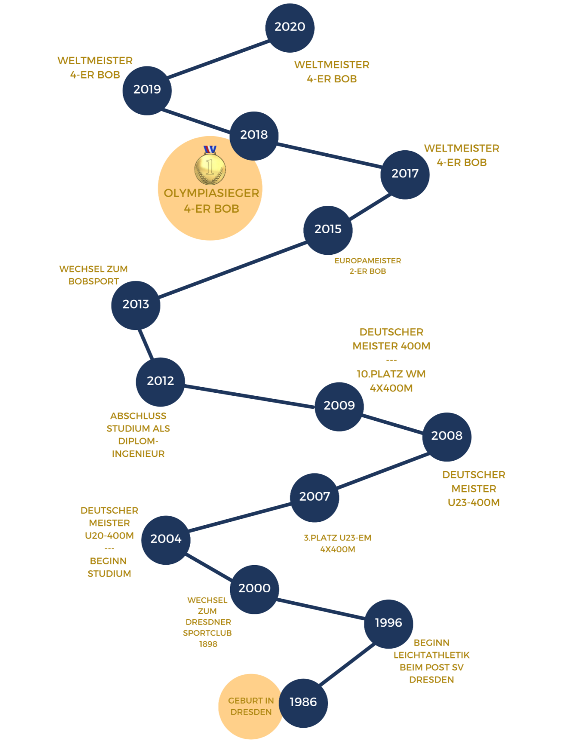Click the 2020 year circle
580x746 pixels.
tap(290, 27)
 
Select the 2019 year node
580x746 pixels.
tap(147, 90)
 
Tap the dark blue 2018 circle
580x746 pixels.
tap(254, 135)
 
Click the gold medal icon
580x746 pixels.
tap(210, 166)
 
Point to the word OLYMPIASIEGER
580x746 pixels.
tap(211, 193)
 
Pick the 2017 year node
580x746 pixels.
tap(405, 174)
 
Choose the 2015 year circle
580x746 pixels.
tap(328, 230)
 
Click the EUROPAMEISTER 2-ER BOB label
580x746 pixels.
tap(368, 266)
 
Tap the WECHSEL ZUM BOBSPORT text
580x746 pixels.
tap(93, 275)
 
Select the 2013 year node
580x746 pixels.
tap(136, 304)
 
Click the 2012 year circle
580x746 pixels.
tap(160, 381)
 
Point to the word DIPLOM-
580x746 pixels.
tap(138, 441)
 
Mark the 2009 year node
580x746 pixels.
tap(339, 406)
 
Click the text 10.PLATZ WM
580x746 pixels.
tap(391, 374)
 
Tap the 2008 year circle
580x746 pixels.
tap(447, 436)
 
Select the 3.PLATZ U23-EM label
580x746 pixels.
tap(338, 538)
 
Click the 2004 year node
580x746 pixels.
tap(166, 539)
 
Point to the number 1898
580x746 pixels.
tap(208, 644)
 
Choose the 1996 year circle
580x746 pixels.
tap(388, 623)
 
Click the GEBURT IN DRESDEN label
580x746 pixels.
tap(251, 706)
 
